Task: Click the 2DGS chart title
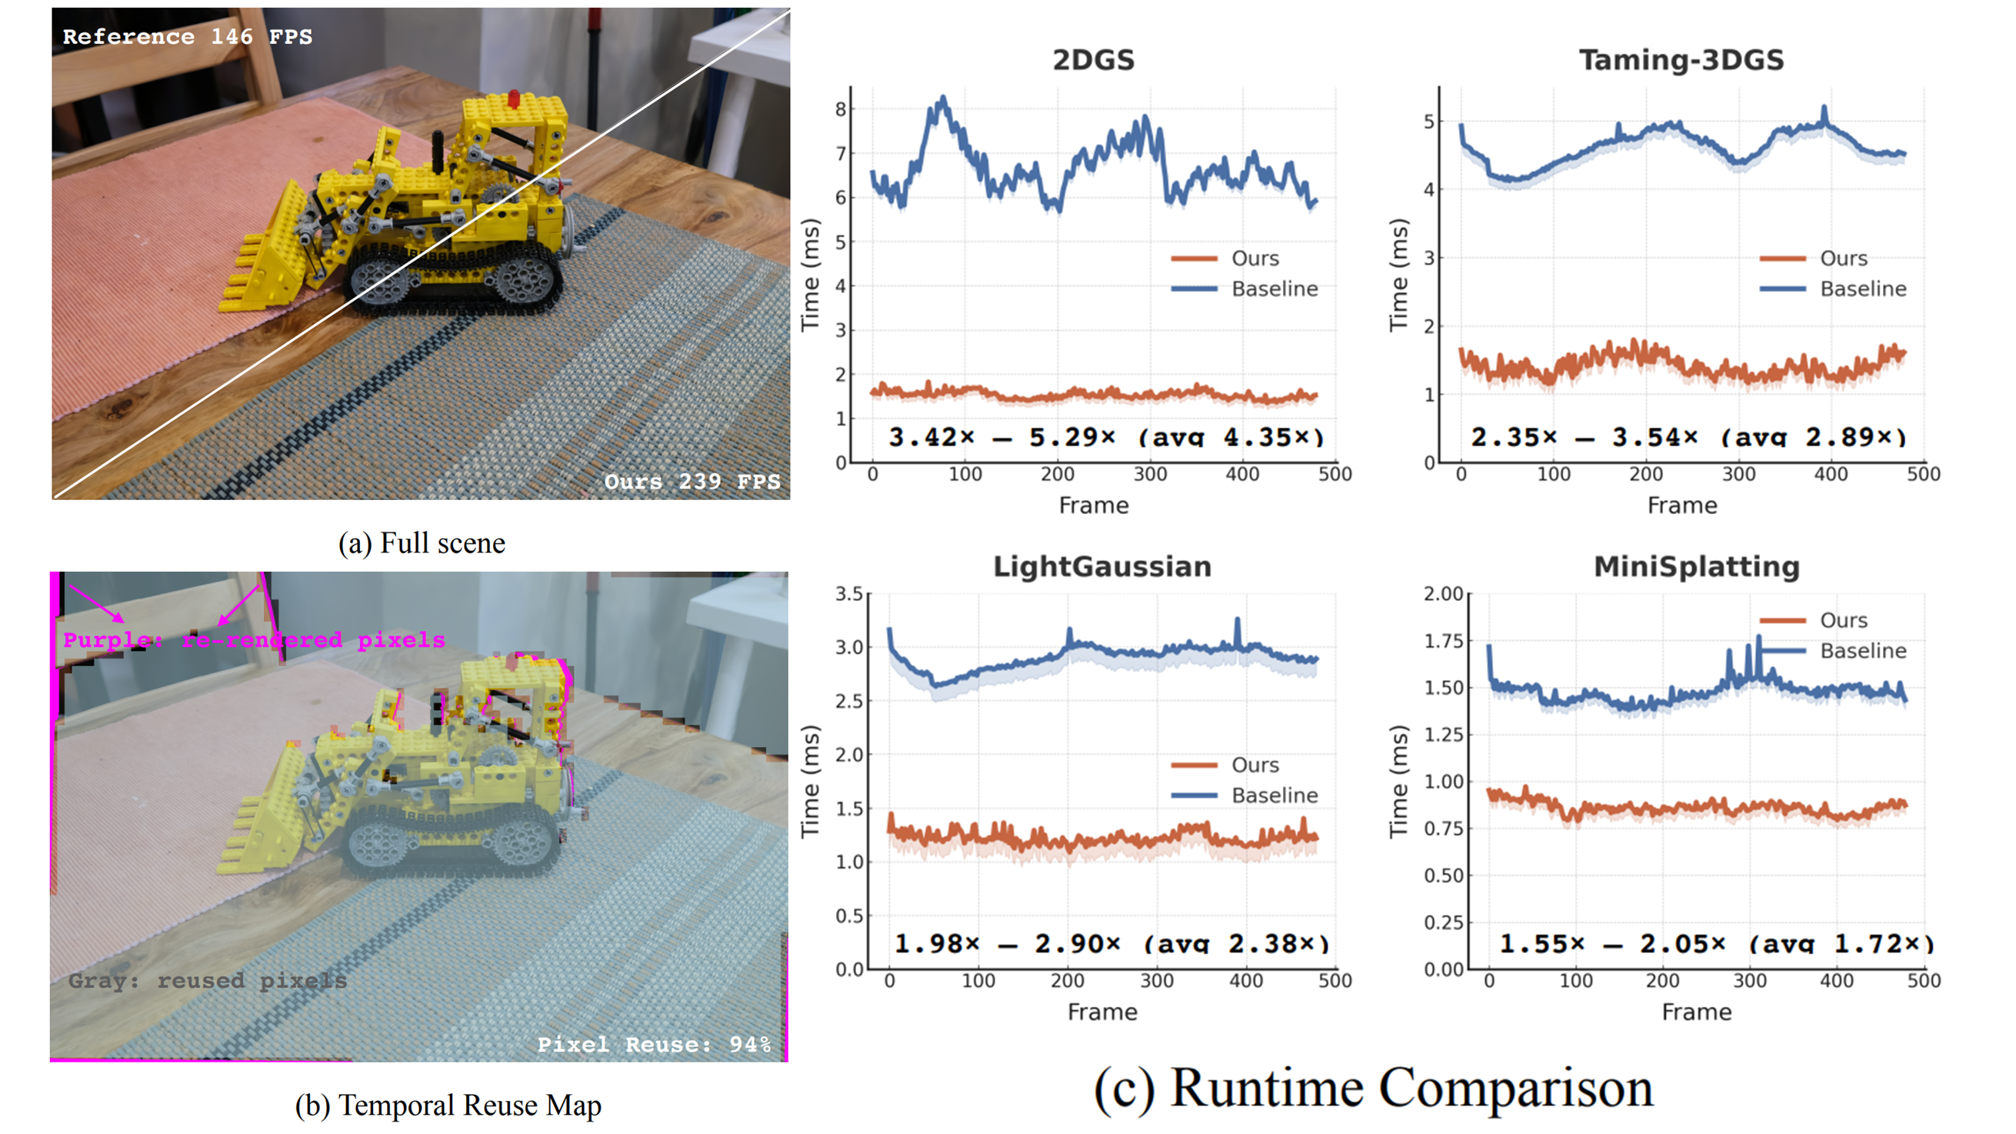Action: coord(1092,59)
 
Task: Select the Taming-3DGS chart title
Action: coord(1681,59)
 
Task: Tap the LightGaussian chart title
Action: coord(1102,565)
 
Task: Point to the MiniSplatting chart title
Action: coord(1697,565)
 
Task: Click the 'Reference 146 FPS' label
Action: coord(187,37)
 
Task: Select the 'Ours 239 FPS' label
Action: coord(691,481)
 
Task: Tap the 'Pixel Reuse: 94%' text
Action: coord(655,1044)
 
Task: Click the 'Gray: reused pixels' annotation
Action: coord(207,980)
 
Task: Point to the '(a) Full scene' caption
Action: coord(422,543)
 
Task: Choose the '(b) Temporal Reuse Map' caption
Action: coord(448,1105)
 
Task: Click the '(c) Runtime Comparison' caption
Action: coord(1373,1088)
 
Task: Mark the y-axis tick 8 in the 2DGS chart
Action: coord(841,108)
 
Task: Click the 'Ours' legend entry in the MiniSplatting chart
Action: coord(1843,620)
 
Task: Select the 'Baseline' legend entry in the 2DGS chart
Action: coord(1274,289)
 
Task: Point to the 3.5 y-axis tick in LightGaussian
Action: coord(848,594)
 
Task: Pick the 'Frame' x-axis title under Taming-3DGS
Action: coord(1682,505)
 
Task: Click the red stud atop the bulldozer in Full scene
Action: coord(513,98)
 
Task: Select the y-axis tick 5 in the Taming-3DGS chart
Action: coord(1429,122)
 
